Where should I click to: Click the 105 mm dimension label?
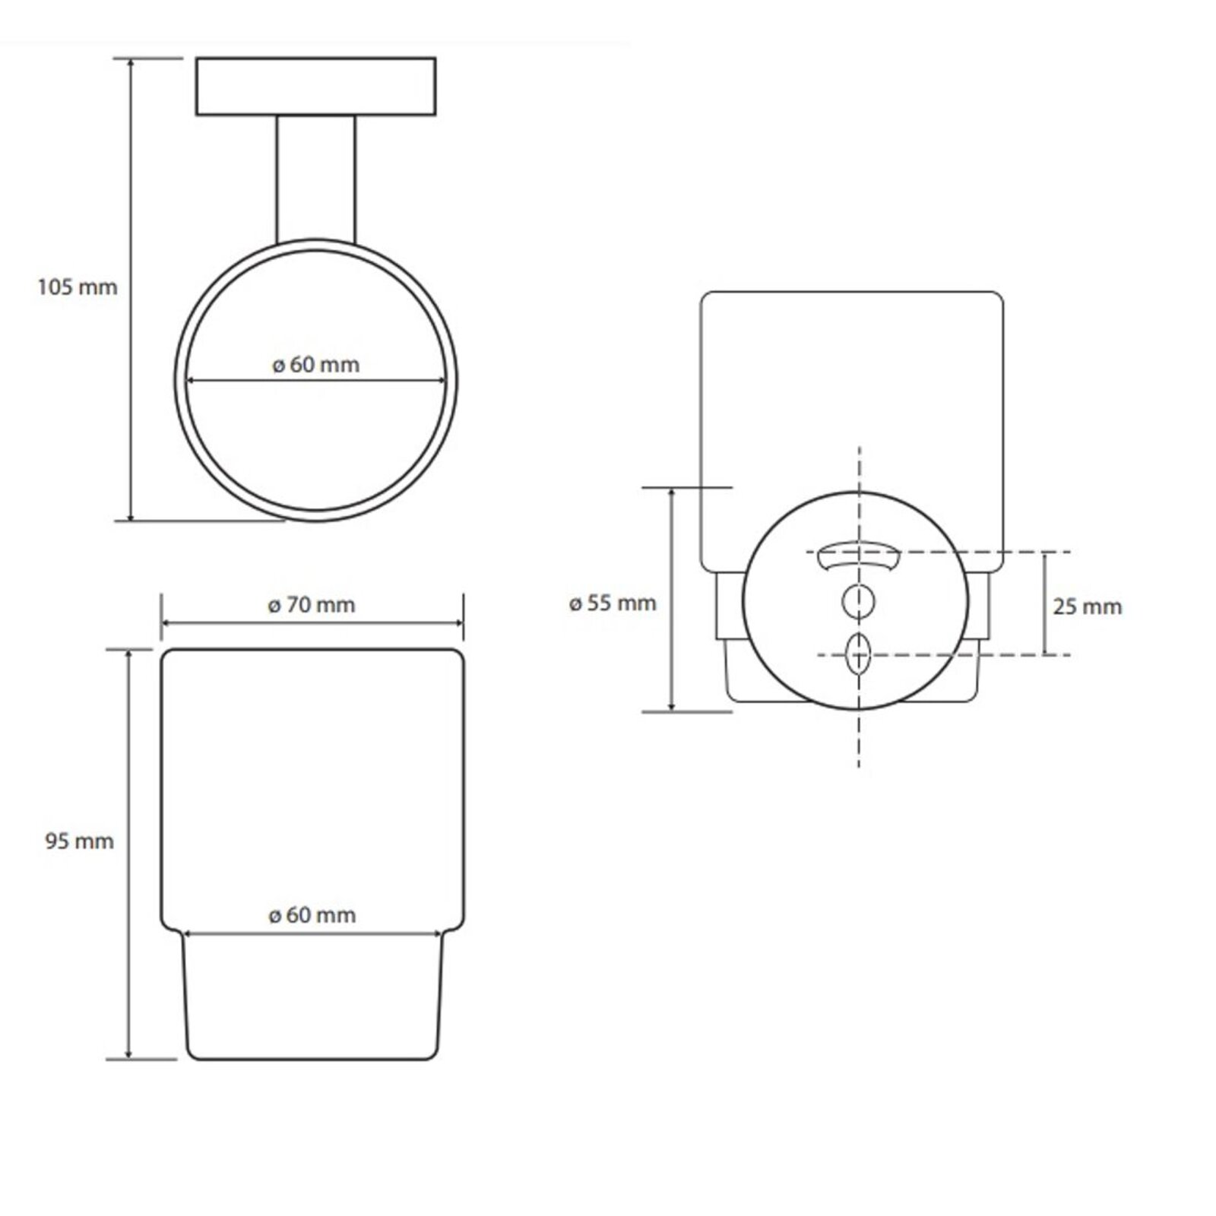[78, 287]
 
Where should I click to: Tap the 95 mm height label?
[79, 841]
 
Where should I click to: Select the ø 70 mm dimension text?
[312, 605]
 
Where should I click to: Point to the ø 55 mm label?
[613, 603]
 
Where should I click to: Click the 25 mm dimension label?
[1087, 606]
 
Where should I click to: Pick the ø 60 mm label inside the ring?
[315, 365]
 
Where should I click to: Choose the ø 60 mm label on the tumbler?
[312, 915]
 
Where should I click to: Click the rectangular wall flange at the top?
[316, 86]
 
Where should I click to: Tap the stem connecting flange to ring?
[315, 179]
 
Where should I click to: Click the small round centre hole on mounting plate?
[858, 601]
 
